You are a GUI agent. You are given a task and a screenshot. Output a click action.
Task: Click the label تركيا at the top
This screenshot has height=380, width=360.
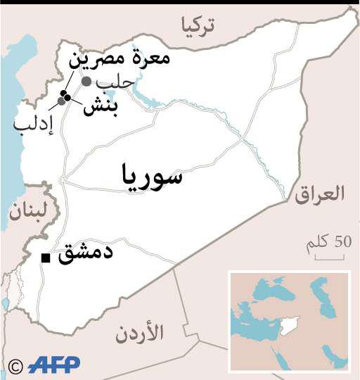coord(199,25)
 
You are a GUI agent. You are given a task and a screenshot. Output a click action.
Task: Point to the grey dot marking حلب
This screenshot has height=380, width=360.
coord(86,82)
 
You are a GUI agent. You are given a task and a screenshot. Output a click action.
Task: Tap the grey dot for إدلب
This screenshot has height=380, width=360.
coord(62,101)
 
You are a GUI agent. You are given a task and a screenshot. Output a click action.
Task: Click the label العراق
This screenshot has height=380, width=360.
coord(320,194)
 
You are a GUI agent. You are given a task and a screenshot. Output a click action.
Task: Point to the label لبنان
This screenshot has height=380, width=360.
coord(27,210)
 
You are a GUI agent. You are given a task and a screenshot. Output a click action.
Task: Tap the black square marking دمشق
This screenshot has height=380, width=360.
coord(46,258)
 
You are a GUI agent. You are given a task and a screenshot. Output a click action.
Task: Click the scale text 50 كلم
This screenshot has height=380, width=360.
coord(328,243)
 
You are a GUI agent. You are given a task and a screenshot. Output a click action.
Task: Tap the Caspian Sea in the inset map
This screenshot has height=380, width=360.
coord(320,290)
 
